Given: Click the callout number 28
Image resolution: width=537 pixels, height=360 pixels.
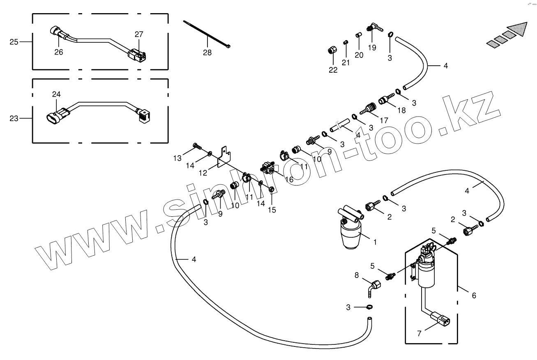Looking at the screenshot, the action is tap(207, 53).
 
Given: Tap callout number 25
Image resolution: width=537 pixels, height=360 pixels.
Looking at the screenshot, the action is tap(14, 42).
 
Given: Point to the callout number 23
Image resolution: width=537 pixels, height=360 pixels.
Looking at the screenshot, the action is tap(14, 118).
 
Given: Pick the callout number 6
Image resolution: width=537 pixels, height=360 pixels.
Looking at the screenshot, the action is tap(474, 295).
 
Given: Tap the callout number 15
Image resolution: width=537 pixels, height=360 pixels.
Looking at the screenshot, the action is tap(272, 210).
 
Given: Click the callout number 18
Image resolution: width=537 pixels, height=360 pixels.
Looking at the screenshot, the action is tap(401, 110).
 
